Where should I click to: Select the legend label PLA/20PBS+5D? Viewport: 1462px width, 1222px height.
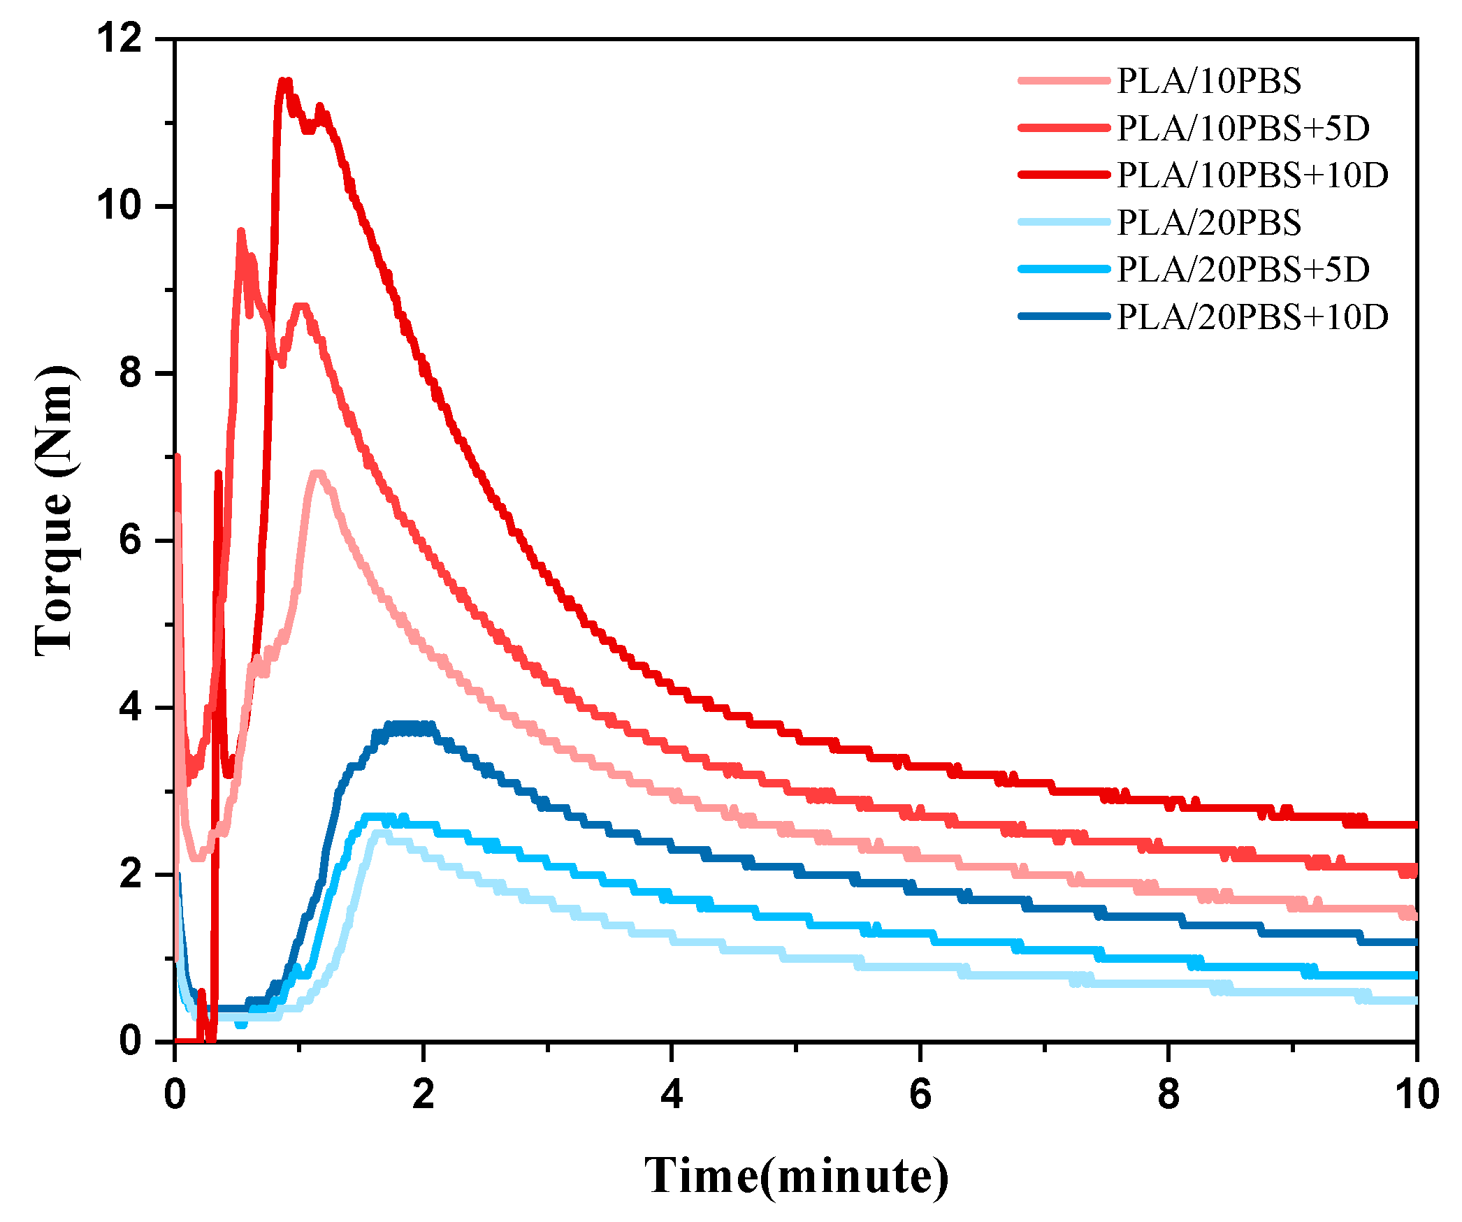point(1243,270)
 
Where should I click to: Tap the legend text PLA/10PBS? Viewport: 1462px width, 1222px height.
point(1209,81)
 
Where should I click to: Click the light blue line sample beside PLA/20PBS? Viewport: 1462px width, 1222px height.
point(1064,222)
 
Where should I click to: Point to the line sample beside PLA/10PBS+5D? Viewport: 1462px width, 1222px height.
point(1064,128)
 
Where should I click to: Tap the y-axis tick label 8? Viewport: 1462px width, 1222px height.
point(131,373)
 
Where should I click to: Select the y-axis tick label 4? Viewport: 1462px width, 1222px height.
point(131,707)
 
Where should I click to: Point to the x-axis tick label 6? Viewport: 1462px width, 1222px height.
point(920,1094)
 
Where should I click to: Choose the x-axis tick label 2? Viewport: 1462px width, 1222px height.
point(423,1094)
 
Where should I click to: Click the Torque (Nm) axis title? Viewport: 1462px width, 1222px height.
point(55,510)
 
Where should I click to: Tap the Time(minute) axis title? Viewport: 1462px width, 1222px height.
point(796,1177)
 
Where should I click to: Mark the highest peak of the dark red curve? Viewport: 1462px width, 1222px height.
point(284,81)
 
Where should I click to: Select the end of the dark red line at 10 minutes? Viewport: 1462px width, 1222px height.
point(1414,824)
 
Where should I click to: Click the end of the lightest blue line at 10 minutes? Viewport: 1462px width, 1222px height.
point(1414,1001)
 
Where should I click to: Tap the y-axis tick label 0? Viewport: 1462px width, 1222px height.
point(131,1041)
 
